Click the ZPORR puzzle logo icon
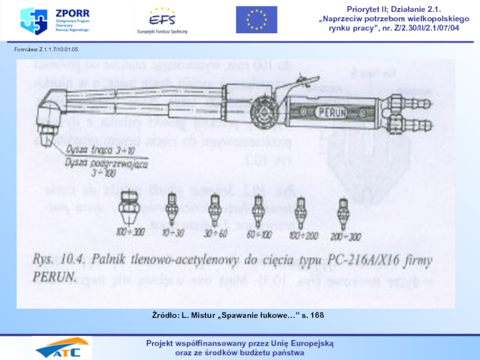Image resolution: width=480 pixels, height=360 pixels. [33, 21]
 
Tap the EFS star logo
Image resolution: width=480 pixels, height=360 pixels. [162, 18]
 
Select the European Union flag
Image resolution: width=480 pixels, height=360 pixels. [256, 20]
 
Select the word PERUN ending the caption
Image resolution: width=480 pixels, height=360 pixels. [53, 278]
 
